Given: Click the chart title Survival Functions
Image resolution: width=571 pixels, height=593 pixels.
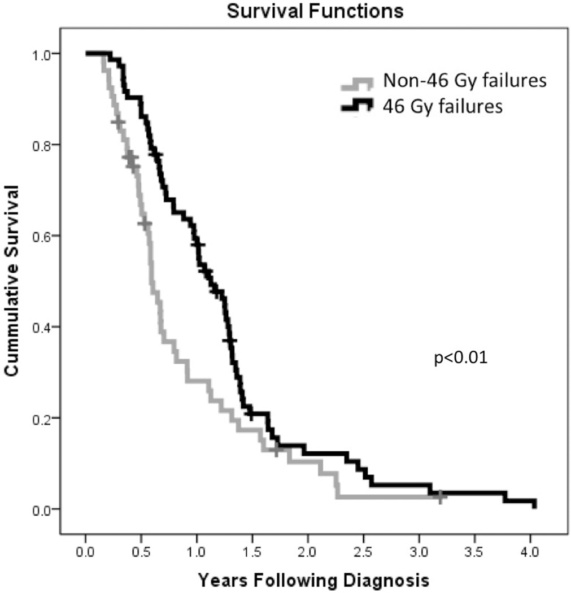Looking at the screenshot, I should click(315, 11).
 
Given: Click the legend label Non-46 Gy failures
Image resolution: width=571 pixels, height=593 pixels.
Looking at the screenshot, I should click(464, 81).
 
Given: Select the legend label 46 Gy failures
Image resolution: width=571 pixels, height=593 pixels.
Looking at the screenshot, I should click(442, 106).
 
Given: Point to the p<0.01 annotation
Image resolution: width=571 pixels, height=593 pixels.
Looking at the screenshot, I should click(460, 358).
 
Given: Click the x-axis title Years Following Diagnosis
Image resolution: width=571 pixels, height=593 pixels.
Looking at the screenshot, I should click(313, 580).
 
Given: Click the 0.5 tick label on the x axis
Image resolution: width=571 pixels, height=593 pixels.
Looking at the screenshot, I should click(141, 550).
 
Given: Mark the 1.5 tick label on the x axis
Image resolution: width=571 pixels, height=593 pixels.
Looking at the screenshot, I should click(252, 550).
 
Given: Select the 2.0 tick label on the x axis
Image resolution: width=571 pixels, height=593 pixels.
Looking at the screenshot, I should click(308, 550).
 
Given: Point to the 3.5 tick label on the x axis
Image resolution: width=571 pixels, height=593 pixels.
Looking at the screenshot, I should click(474, 550).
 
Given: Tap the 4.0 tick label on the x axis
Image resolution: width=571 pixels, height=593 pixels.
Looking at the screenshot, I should click(530, 550).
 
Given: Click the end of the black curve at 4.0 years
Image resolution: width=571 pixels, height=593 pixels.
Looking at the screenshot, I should click(534, 504).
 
